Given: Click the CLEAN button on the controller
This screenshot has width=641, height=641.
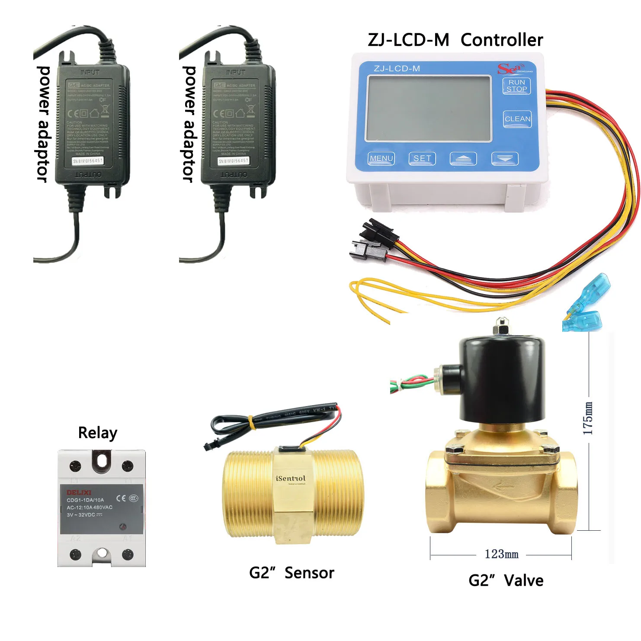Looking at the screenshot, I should [x=517, y=119].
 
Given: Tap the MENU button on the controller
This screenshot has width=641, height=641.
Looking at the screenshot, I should [x=381, y=159].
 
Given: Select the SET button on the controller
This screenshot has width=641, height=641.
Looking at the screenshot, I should [x=422, y=159].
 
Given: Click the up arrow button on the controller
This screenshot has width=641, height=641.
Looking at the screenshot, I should [x=463, y=159].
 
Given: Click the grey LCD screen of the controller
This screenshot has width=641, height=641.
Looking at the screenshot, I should [x=429, y=109].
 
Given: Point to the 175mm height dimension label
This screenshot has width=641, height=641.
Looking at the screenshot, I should [x=588, y=418].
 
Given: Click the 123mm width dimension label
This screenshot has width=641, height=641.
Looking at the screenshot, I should [x=501, y=554].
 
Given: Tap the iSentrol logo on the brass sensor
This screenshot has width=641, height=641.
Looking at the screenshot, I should [x=291, y=478].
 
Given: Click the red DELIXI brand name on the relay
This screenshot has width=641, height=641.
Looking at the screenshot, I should [x=79, y=492].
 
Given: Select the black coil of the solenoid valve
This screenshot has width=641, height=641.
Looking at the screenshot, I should [x=502, y=381].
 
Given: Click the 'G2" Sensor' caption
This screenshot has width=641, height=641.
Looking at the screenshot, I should [x=292, y=573].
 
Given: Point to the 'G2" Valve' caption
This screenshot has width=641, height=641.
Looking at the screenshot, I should [x=506, y=580].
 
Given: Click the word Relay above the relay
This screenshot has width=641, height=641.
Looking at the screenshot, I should [x=98, y=433].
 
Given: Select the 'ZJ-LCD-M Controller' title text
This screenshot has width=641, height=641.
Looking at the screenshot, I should [x=455, y=40].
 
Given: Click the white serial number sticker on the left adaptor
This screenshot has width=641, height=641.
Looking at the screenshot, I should [x=88, y=161].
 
